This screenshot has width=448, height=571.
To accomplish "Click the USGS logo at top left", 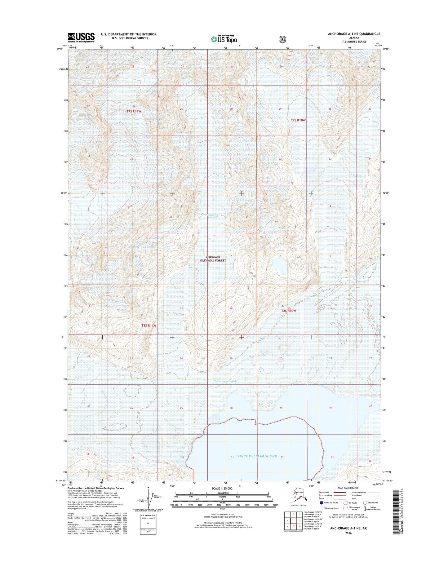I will [x=81, y=38].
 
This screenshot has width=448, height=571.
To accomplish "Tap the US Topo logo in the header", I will [x=224, y=39].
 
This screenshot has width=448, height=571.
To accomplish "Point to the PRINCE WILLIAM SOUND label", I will [x=256, y=456].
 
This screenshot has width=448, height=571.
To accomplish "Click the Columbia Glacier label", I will [x=213, y=216].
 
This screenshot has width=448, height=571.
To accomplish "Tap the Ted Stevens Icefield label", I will [x=226, y=381].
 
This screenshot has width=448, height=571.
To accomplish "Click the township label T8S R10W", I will [x=289, y=311].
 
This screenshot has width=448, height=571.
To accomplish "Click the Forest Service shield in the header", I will [x=282, y=39].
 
